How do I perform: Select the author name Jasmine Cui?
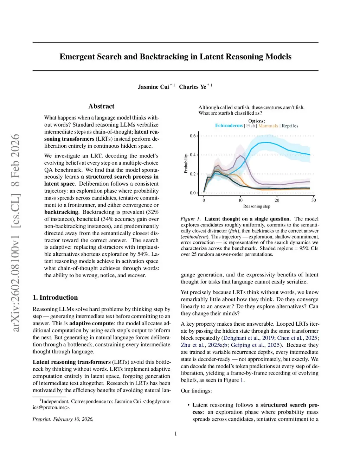pos(153,87)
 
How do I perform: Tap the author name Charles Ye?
pos(192,87)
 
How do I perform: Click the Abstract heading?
pos(101,106)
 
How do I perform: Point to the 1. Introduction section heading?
pos(55,298)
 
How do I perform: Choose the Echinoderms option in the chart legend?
pos(229,126)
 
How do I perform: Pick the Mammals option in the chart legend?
pos(268,126)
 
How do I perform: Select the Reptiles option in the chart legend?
pos(290,126)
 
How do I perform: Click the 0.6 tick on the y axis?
pos(193,136)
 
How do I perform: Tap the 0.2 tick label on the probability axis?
pos(193,174)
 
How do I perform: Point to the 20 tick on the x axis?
pos(277,200)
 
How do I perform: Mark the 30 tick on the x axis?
pos(314,200)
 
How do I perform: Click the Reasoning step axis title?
pos(257,206)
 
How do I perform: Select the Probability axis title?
pos(186,164)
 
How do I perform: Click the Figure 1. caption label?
pos(190,219)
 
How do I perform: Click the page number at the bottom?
pos(176,434)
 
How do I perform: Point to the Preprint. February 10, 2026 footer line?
pos(63,419)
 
